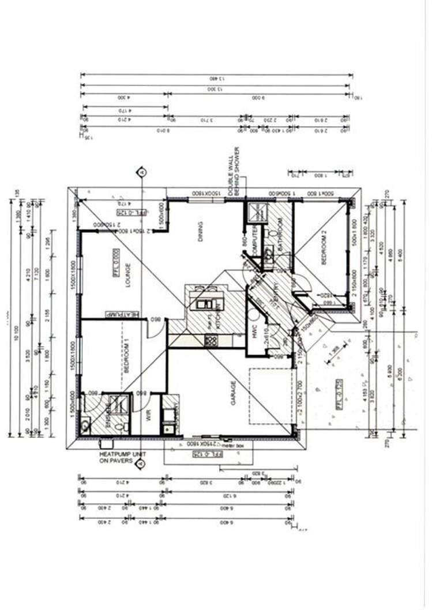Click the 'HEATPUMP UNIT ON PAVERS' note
pos(122,458)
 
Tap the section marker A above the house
pos(141,171)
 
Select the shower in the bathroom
pos(254,213)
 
